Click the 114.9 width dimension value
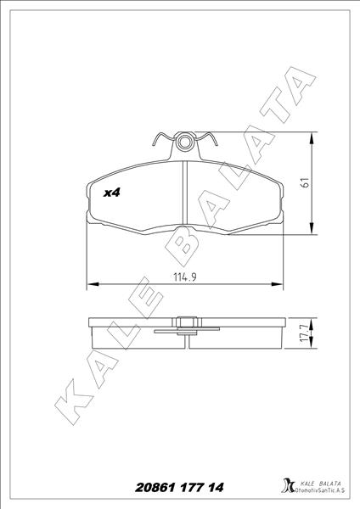pyautogui.click(x=185, y=277)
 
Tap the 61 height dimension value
pyautogui.click(x=306, y=182)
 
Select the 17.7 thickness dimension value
pyautogui.click(x=305, y=333)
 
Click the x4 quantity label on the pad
pyautogui.click(x=111, y=193)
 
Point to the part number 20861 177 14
pyautogui.click(x=179, y=488)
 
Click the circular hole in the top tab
pyautogui.click(x=185, y=143)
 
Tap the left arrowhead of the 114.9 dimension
pyautogui.click(x=93, y=284)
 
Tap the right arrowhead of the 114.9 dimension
pyautogui.click(x=277, y=284)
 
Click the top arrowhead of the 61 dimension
pyautogui.click(x=312, y=138)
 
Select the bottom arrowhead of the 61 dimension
pyautogui.click(x=312, y=228)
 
